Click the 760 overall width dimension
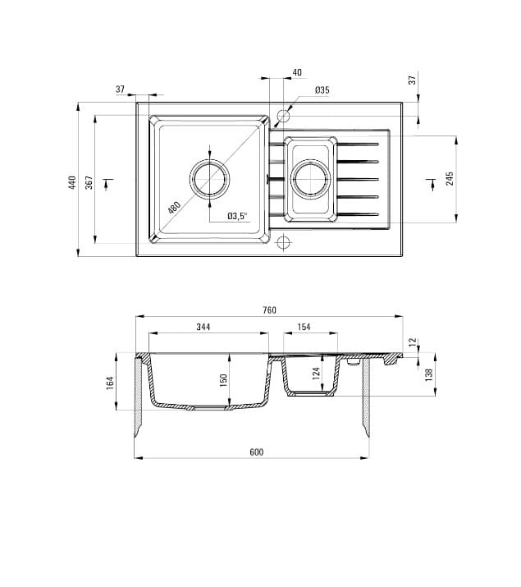coord(269,310)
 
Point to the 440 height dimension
coord(72,182)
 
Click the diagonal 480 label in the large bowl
coord(174,206)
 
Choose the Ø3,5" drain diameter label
coord(237,217)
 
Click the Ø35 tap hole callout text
coord(322,89)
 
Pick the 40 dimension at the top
coord(297,73)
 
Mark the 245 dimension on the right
coord(450,179)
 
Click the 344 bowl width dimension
coord(203,327)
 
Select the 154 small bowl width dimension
coord(304,327)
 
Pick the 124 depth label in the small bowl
coord(317,376)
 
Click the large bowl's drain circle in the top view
coord(210,179)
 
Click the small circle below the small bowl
coord(284,242)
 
